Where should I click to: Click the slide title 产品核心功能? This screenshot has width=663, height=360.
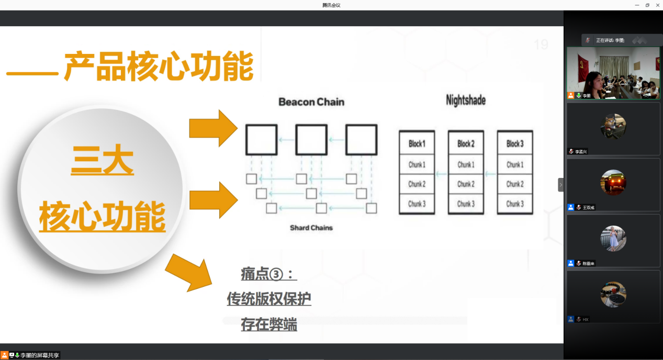point(158,66)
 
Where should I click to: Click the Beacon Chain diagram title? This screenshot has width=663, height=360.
point(311,102)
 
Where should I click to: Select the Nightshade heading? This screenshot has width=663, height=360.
point(465,100)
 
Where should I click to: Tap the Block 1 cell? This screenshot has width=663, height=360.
point(417,144)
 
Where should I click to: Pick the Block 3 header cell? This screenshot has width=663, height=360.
point(514,144)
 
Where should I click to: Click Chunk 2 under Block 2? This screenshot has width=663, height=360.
point(465,184)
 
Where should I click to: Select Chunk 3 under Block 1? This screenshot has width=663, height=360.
point(417,204)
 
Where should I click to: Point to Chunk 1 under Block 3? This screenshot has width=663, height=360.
point(514,164)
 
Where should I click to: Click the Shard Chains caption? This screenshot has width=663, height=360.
point(311,228)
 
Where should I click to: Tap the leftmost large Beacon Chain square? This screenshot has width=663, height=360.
point(261,140)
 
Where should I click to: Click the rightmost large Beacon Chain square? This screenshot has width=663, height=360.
point(361,140)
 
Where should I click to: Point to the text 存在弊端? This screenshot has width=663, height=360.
point(268,324)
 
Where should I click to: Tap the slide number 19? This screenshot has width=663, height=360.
point(541,45)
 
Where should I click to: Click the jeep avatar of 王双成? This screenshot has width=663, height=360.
point(613,182)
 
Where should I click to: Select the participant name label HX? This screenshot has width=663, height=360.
point(586,319)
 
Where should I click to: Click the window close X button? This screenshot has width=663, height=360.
point(657,5)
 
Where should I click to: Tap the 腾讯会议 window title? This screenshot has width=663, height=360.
point(331,5)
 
